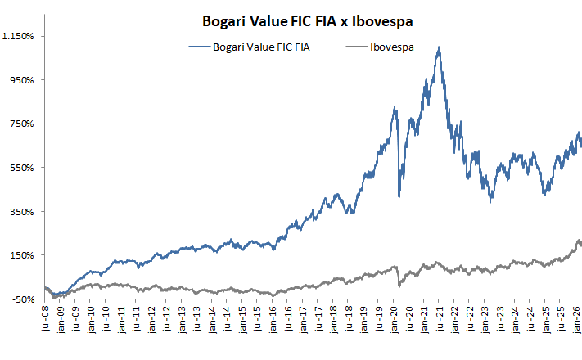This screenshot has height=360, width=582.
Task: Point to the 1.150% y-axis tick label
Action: point(17,36)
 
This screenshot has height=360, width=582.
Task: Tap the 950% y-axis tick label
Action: point(20,80)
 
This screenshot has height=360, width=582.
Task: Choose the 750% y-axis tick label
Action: point(20,124)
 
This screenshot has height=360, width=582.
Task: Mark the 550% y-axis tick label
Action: point(20,168)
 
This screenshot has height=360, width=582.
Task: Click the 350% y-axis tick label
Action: point(20,211)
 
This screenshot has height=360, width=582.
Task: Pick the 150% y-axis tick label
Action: point(20,255)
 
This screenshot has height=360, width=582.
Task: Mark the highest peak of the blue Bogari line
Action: point(440,47)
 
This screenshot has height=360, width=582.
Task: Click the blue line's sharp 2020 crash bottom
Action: point(399,196)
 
